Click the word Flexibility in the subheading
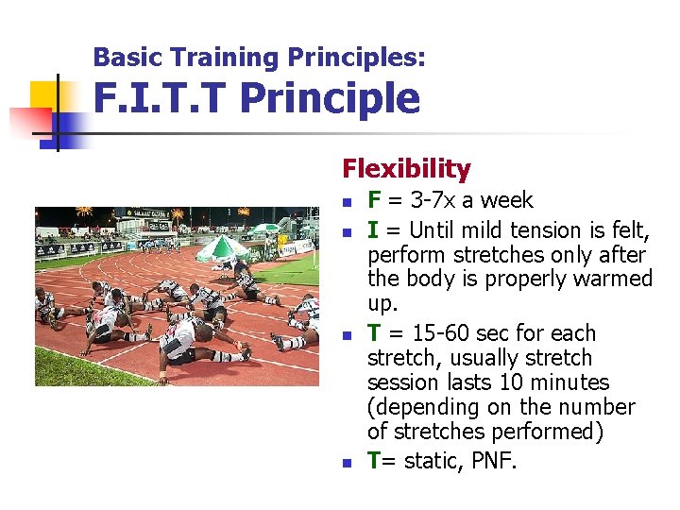coord(406,169)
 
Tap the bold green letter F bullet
coord(374,200)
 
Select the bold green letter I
coord(372,230)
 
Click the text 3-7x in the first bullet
coord(425,200)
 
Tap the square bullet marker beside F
coord(347,202)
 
